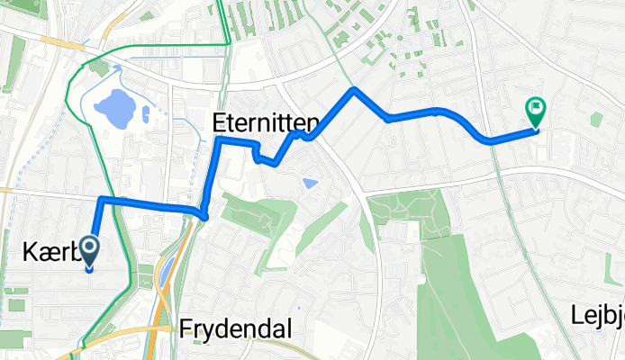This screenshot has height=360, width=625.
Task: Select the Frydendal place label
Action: click(x=235, y=329)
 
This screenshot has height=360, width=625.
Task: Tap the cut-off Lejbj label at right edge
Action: click(x=597, y=314)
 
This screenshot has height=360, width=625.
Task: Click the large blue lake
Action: click(x=115, y=109)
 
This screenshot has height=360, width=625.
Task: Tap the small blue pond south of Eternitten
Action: click(x=311, y=184)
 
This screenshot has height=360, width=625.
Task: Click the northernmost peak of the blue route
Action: click(x=355, y=89)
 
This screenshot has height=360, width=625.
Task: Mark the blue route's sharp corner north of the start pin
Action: click(x=101, y=199)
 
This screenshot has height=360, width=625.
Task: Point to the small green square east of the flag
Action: click(x=595, y=119)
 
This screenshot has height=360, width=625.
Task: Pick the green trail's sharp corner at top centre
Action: click(x=227, y=42)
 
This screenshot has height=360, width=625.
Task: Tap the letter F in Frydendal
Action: click(x=186, y=329)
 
